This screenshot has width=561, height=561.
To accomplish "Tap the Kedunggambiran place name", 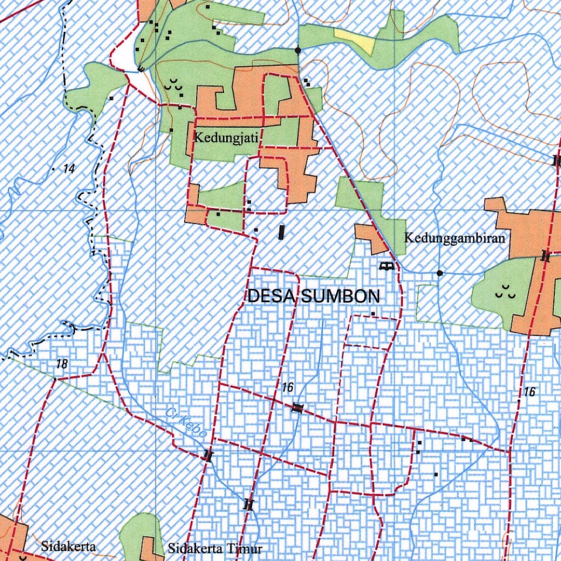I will coord(454,238).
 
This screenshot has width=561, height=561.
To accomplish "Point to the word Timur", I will coord(244,548).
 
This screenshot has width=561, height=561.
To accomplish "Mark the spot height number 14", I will coord(68,169).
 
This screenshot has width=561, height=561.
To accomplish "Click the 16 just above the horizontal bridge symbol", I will coord(288,388).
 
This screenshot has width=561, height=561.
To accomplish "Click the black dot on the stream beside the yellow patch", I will coord(297,50).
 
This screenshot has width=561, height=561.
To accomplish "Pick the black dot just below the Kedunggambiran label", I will coord(439,273).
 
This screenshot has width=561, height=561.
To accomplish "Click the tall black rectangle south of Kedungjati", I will coord(282,232).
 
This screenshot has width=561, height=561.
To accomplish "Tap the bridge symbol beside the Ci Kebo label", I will coord(207,455).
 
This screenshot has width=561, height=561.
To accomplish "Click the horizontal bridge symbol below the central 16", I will coord(297,407).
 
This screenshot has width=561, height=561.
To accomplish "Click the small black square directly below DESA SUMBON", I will coord(373,314).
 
